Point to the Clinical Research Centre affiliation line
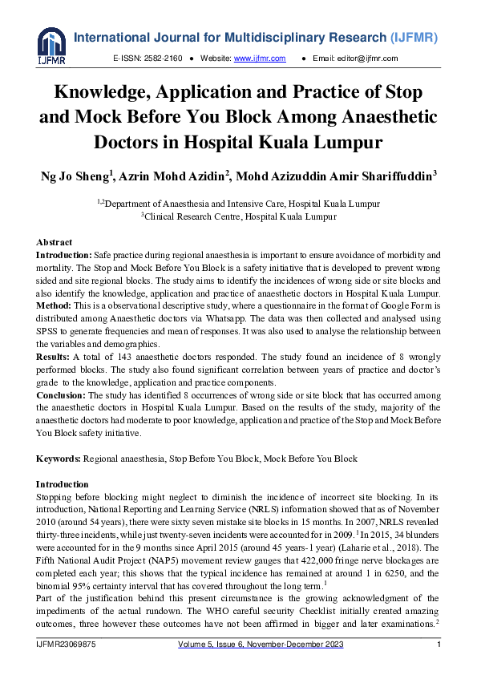(239, 216)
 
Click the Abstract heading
(54, 242)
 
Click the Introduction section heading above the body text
(63, 484)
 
